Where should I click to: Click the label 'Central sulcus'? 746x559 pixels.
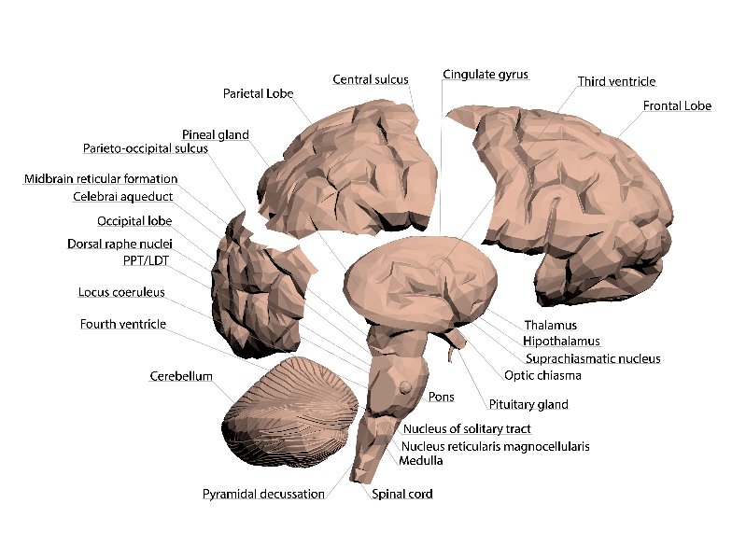371,79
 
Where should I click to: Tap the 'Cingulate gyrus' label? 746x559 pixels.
485,74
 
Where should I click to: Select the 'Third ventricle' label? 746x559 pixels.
616,82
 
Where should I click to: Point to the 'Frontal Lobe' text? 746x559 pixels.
677,106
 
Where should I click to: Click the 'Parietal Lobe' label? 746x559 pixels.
258,93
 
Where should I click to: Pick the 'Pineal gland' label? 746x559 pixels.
215,134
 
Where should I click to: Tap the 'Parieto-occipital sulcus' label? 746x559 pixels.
145,148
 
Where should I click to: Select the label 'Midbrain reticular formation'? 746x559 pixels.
101,178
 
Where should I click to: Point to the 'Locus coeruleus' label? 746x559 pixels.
121,292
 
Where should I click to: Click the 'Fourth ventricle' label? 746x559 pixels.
122,324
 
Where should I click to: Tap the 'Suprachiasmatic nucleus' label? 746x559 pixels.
592,358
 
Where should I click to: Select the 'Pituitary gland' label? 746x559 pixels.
528,405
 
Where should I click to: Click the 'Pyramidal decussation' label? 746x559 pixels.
263,494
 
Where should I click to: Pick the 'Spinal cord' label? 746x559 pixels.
401,494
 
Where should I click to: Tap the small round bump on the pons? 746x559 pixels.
406,387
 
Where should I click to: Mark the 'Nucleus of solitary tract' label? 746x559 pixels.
467,429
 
